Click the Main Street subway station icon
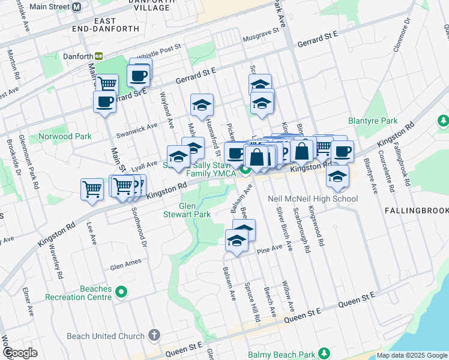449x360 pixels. (76, 7)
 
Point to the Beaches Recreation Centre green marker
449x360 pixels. (122, 292)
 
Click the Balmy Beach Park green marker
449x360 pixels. (325, 353)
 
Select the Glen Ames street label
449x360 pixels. (125, 262)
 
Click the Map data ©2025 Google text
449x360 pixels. (412, 355)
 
